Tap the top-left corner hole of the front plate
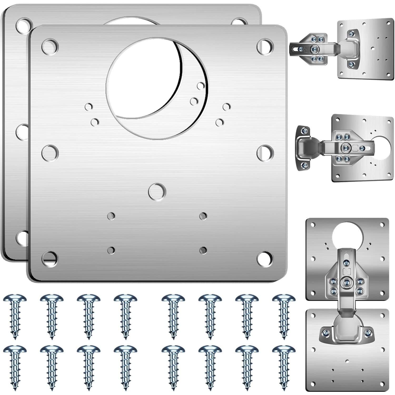coord(50,47)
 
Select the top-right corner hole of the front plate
coord(265,47)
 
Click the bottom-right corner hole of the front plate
coord(265,259)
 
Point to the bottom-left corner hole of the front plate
coord(50,259)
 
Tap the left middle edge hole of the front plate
coord(50,153)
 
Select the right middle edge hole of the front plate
coord(265,153)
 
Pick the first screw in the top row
coord(15,316)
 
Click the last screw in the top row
coord(284,316)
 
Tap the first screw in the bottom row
coord(15,367)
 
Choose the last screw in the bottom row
coord(284,367)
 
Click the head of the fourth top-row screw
coord(126,299)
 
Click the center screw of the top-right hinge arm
coord(313,49)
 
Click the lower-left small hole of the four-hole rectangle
coord(111,250)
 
